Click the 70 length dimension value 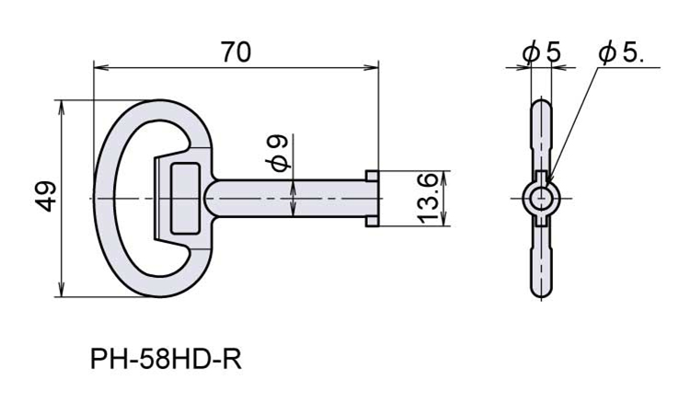click(236, 52)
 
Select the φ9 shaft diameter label click(278, 153)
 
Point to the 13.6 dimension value click(427, 199)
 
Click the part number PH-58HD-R click(166, 360)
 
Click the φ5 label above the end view click(542, 52)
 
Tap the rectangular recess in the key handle click(185, 198)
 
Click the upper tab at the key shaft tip click(373, 175)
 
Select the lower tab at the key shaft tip click(373, 222)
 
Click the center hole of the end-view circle click(541, 199)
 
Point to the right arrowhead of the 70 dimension click(371, 68)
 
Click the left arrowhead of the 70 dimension click(101, 68)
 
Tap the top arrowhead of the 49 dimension click(62, 109)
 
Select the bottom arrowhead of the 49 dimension click(62, 289)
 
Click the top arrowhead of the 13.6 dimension click(443, 178)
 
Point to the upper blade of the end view click(541, 135)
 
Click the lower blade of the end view click(541, 261)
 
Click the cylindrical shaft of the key click(286, 198)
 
